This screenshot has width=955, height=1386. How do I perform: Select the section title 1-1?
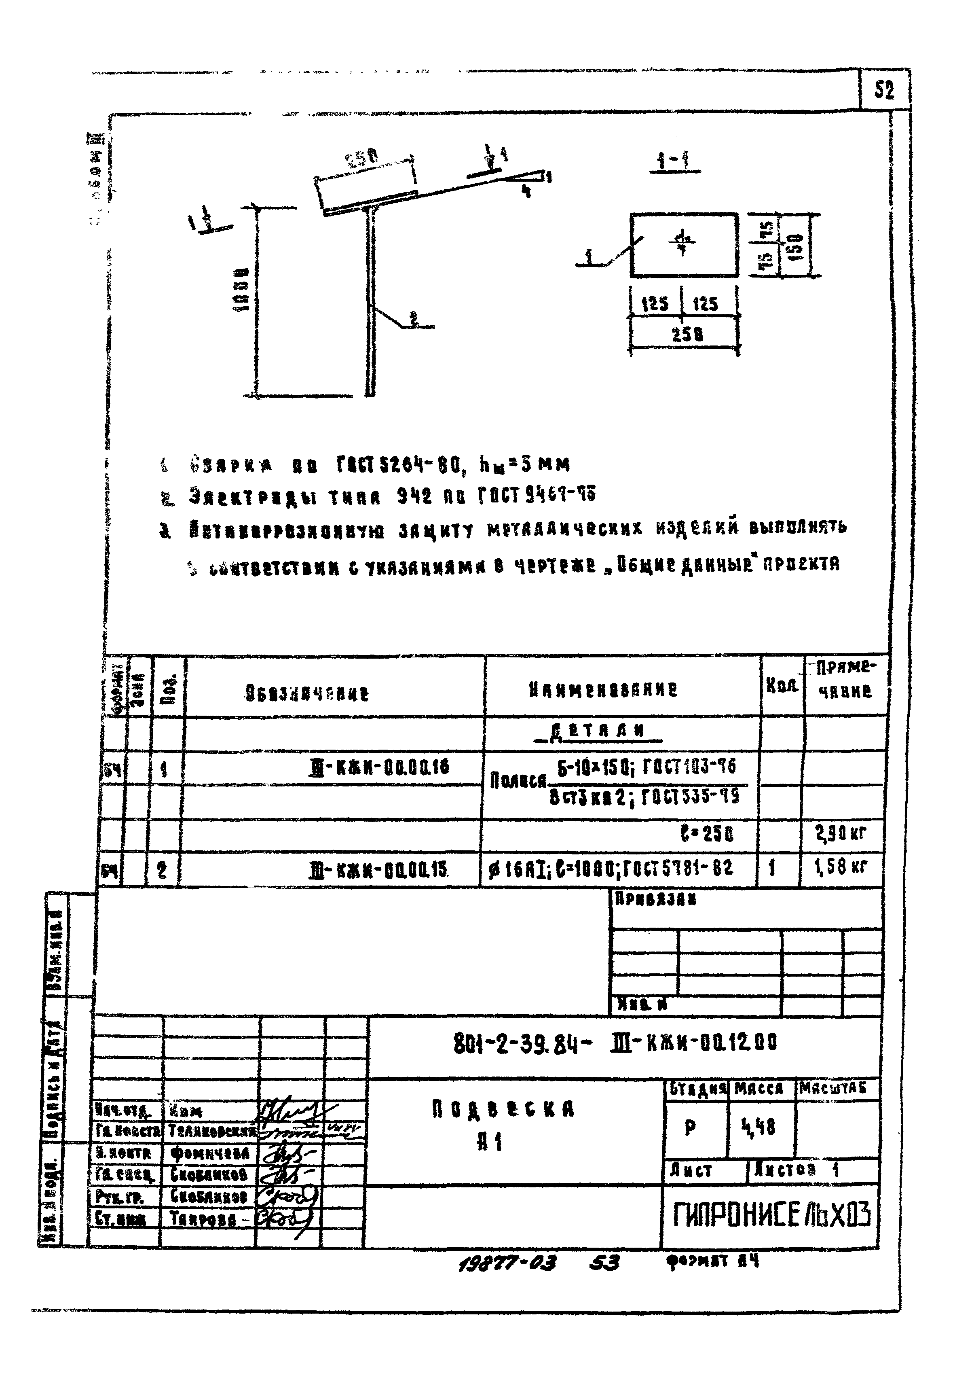[x=674, y=161]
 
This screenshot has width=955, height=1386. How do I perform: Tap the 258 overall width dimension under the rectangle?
[x=687, y=334]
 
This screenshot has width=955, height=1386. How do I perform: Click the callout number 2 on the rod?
[x=414, y=318]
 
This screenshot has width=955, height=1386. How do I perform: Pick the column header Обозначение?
[x=307, y=693]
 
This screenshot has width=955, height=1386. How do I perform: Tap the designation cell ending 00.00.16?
[x=379, y=768]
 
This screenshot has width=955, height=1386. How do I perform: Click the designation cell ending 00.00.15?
[x=379, y=869]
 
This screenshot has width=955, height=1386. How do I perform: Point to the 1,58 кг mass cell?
[x=841, y=866]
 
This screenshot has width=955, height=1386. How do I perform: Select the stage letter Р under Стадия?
[x=690, y=1129]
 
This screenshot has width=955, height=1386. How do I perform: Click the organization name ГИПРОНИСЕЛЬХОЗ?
[x=771, y=1215]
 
